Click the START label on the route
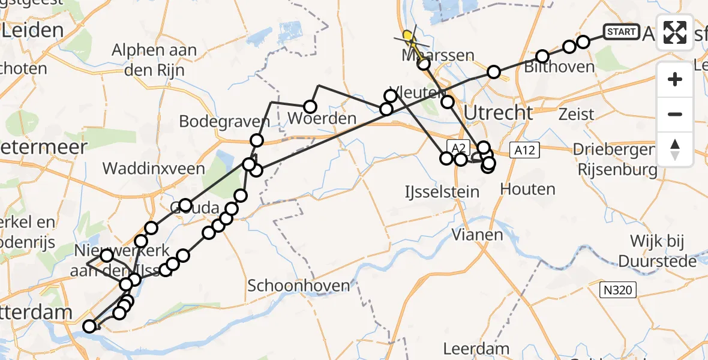[x=621, y=32]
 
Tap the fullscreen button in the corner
[x=675, y=32]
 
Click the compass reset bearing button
[x=675, y=149]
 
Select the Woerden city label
[x=322, y=118]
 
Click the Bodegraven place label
[x=224, y=121]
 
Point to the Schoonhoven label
[x=298, y=286]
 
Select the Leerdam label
[x=476, y=348]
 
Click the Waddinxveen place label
[x=154, y=168]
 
